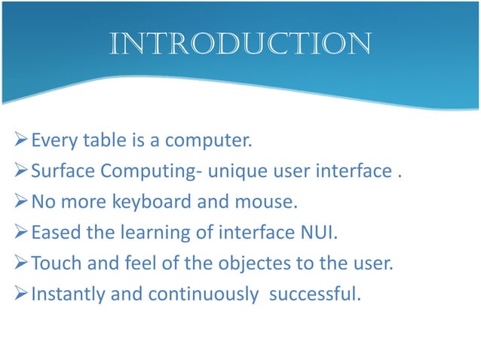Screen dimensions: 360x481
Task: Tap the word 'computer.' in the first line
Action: point(208,141)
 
